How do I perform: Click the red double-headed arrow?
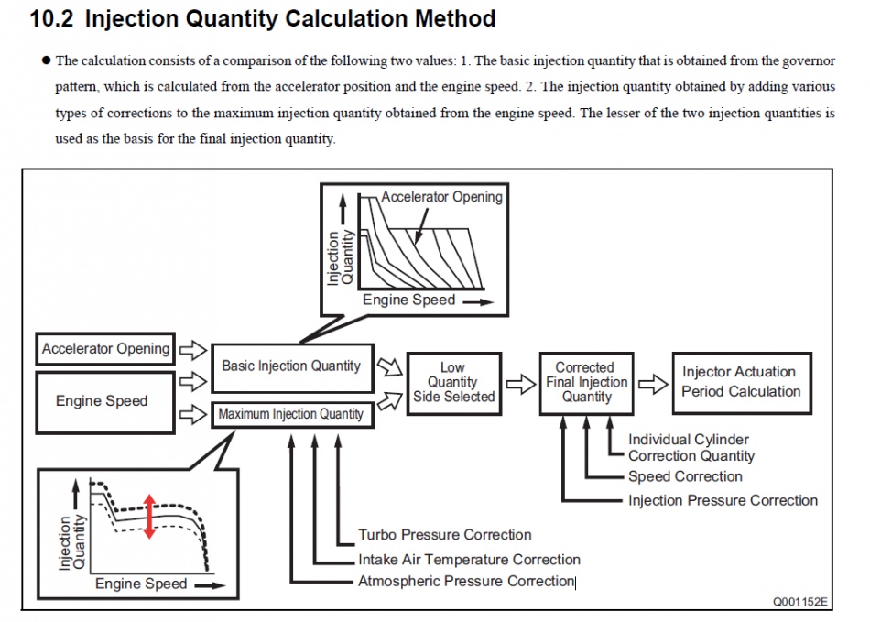149,517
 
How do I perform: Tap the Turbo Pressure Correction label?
444,535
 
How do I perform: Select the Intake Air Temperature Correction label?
469,560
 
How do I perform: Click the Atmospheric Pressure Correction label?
466,581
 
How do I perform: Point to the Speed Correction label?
685,476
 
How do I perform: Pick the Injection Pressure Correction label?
723,500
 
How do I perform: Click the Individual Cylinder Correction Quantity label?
691,448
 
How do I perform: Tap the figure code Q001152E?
800,602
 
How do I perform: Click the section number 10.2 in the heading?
51,19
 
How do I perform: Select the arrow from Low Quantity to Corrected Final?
520,384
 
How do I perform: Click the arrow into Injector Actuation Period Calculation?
653,384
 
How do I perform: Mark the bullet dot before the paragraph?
46,60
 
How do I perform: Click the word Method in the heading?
455,19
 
